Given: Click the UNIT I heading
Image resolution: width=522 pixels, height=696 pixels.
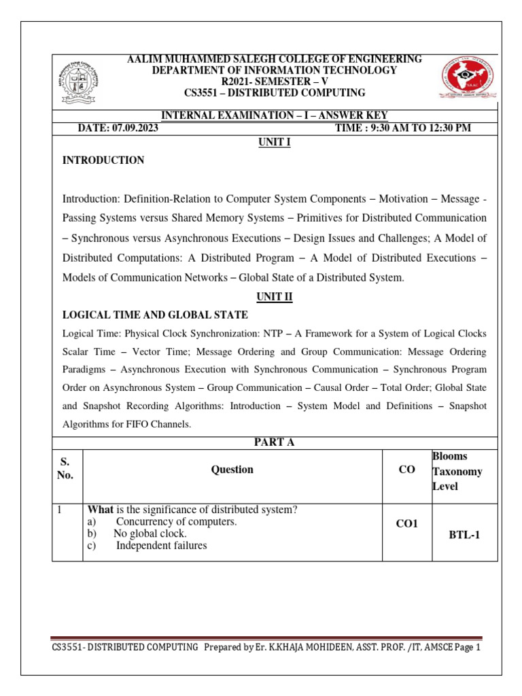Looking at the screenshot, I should point(274,141).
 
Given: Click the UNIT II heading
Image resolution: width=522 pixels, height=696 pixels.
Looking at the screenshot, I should point(274,296).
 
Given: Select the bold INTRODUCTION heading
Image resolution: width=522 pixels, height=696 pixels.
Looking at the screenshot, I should point(103,160).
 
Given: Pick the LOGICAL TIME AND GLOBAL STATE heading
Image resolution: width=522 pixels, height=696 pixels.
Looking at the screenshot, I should point(155,315).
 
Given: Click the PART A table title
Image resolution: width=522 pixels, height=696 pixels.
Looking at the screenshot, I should point(274,442).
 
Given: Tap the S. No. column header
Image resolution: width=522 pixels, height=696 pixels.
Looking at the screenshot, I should point(65,469).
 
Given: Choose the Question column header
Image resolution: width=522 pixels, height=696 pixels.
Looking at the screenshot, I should point(232,470).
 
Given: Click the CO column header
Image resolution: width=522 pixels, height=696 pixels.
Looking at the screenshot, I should point(407,470).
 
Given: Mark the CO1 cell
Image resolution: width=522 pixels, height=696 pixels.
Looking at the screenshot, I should point(407,524).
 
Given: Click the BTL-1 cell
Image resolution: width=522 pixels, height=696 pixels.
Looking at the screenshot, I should point(464,535).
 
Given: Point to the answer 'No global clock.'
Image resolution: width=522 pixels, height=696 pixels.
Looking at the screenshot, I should point(150,534).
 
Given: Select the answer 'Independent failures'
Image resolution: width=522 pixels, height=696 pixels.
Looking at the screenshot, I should point(161,546).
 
